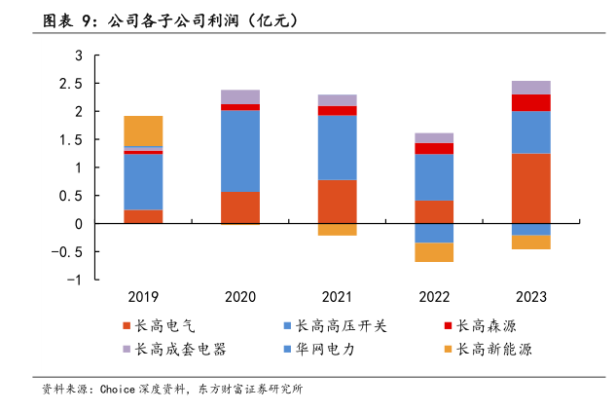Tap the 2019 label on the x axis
point(143,297)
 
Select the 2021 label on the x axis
point(337,297)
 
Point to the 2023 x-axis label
point(531,297)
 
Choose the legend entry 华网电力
point(325,349)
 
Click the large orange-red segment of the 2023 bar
point(531,188)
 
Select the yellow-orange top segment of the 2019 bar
point(143,131)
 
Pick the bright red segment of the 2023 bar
point(531,102)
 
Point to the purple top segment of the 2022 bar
point(434,138)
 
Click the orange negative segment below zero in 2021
point(337,230)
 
